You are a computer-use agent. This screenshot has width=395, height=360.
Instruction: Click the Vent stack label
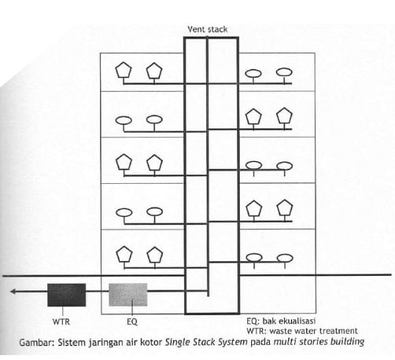coord(208,29)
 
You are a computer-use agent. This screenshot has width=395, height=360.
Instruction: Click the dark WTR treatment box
coord(67,295)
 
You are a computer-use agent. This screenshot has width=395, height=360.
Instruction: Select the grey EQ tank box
coord(128,295)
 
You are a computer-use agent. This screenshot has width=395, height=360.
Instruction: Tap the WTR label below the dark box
coord(61,321)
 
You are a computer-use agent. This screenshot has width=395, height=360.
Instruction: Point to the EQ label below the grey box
coord(132,321)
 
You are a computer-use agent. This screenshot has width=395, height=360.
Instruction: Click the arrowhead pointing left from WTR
coord(13,291)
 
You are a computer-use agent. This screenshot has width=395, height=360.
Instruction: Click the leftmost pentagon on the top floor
coord(124,70)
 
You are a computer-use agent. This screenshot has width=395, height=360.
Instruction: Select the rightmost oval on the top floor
coord(285,72)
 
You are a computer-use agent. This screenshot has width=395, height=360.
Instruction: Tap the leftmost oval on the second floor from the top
coord(124,120)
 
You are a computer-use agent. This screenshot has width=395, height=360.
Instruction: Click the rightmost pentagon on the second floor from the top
coord(285,116)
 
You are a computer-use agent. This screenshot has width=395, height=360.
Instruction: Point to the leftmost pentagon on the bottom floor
coord(124,254)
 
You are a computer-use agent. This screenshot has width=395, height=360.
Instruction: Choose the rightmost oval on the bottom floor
coord(285,258)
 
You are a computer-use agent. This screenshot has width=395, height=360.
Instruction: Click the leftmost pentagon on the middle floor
coord(124,162)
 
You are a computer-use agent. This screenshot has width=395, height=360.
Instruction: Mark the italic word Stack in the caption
coord(202,342)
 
